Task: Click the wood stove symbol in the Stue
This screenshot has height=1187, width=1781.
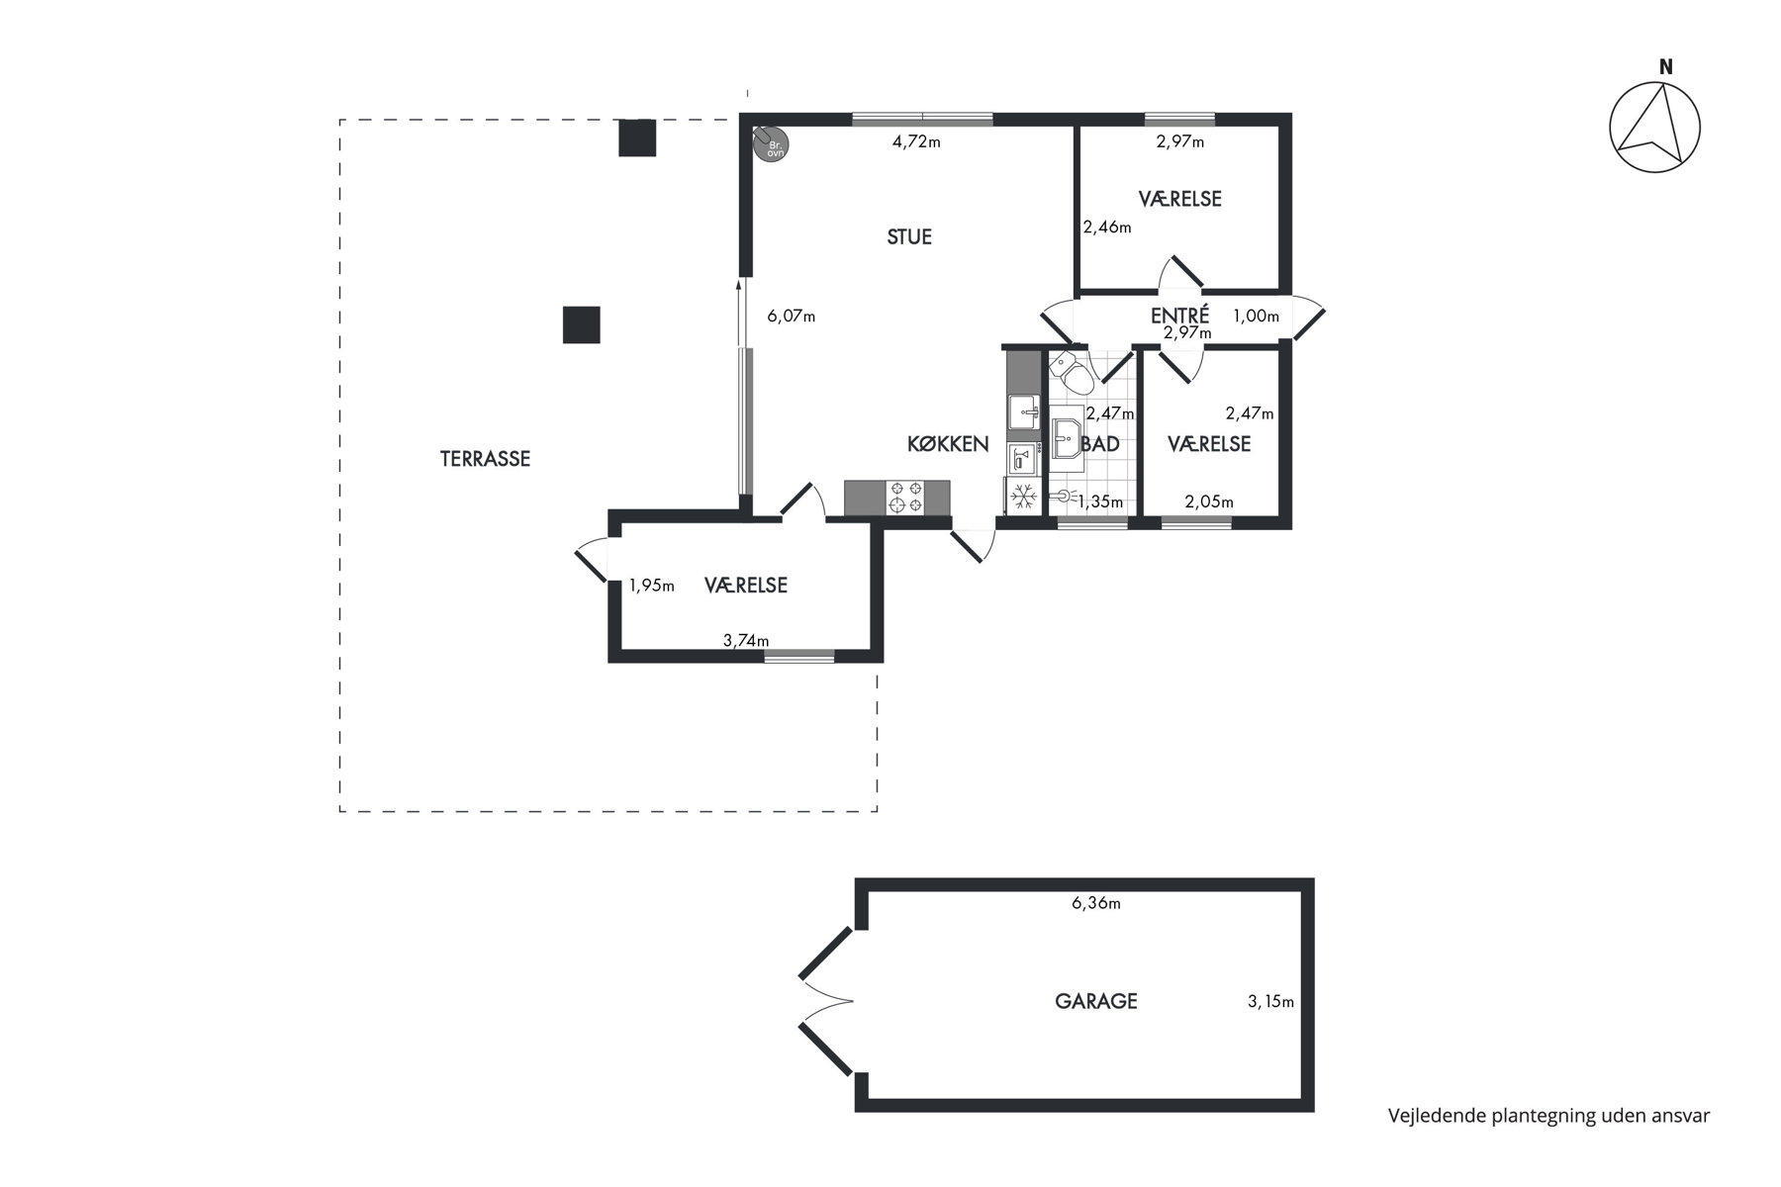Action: (x=770, y=144)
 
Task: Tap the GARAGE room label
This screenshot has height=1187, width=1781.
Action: (x=1096, y=1001)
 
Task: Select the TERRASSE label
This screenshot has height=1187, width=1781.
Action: (x=486, y=459)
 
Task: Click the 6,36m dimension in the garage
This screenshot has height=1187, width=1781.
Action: (x=1096, y=903)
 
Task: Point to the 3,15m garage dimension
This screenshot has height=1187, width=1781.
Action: (x=1271, y=1002)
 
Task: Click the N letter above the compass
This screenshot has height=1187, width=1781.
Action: (x=1666, y=67)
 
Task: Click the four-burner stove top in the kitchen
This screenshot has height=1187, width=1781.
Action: (x=907, y=498)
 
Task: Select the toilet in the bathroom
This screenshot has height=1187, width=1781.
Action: (x=1070, y=372)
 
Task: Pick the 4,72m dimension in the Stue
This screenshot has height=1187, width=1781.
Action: (x=916, y=141)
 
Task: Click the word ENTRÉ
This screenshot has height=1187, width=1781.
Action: (x=1179, y=317)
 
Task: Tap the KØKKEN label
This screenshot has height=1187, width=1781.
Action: (x=948, y=444)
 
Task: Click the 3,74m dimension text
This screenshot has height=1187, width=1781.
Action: (x=746, y=640)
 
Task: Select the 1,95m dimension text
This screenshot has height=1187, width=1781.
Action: (x=652, y=586)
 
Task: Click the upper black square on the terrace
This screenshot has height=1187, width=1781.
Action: (x=637, y=137)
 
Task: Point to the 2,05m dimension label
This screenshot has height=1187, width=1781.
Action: (x=1209, y=502)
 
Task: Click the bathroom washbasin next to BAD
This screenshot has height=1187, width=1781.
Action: (x=1066, y=436)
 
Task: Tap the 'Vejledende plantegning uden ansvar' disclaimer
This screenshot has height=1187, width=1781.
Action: (x=1549, y=1116)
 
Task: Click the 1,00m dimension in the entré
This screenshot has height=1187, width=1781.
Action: (x=1256, y=317)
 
